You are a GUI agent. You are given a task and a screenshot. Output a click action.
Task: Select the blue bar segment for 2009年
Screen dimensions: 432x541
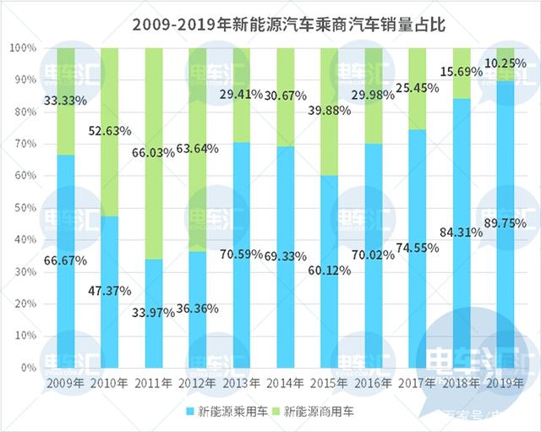[65, 261]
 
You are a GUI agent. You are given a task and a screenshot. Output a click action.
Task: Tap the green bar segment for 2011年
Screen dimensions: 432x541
[154, 153]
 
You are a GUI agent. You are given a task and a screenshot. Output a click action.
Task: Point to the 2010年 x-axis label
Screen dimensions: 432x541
[110, 386]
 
